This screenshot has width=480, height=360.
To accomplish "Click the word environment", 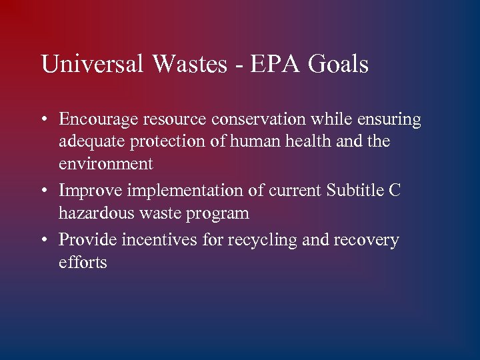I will tap(106, 164).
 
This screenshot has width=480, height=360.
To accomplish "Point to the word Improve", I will tap(90, 191).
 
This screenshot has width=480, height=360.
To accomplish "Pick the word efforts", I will tap(83, 262).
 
